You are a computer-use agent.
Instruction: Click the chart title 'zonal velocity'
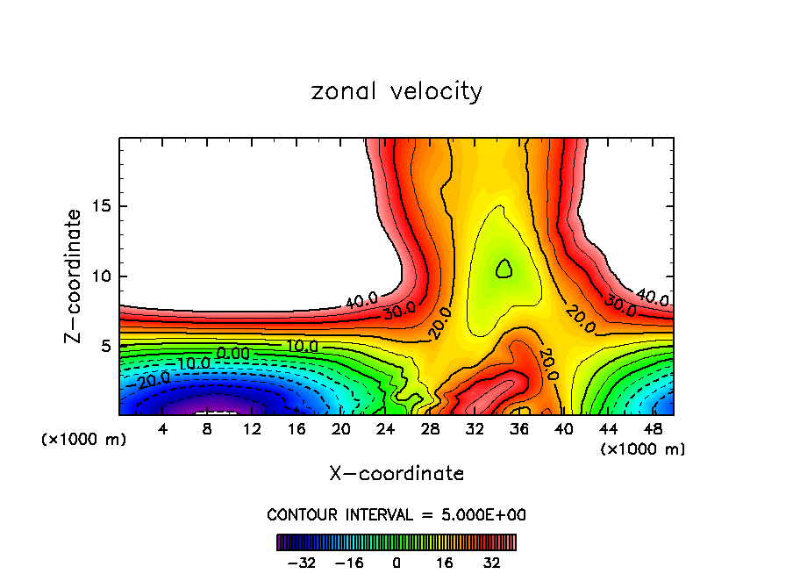click(x=396, y=91)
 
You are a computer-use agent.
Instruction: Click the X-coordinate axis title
click(x=396, y=474)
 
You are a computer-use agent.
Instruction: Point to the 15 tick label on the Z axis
click(x=100, y=206)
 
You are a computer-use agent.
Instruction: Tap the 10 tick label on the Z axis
click(x=100, y=276)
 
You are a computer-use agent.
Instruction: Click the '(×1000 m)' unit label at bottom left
click(x=83, y=440)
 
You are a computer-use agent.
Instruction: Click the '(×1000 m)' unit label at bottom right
click(x=643, y=449)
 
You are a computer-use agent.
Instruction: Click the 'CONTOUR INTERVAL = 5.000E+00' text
click(x=396, y=514)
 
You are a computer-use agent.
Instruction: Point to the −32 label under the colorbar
click(x=303, y=562)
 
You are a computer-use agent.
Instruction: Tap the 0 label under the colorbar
click(x=396, y=562)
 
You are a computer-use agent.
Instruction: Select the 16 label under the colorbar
click(x=445, y=562)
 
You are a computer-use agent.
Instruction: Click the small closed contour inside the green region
click(x=504, y=269)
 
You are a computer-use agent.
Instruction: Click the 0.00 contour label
click(x=233, y=353)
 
